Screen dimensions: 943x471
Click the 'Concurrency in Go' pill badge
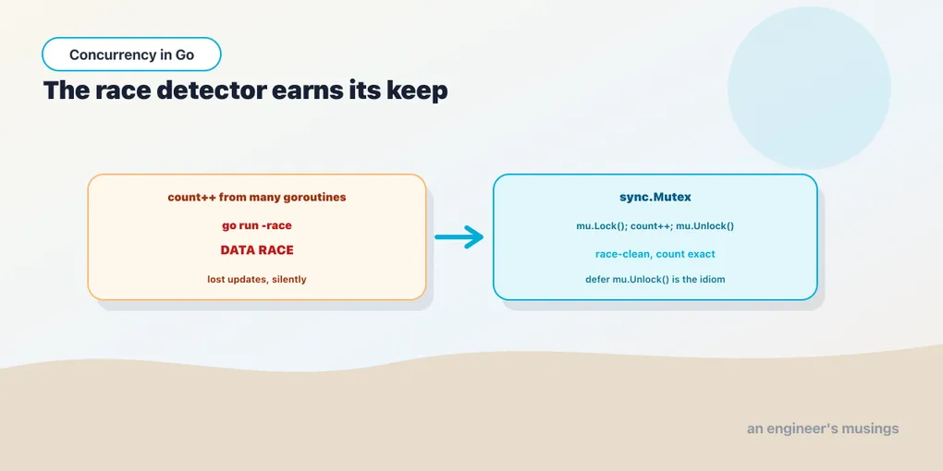tap(131, 54)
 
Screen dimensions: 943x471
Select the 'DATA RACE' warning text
tap(257, 250)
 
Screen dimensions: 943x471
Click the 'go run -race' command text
tap(257, 226)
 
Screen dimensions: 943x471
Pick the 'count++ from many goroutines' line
tap(257, 197)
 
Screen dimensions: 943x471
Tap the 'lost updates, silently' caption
tap(257, 279)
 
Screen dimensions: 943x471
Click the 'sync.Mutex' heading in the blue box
tap(655, 197)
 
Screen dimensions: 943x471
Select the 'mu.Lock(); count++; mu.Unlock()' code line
tap(655, 226)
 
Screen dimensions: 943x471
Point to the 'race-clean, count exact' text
tap(655, 254)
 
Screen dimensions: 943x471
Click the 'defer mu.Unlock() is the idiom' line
tap(655, 279)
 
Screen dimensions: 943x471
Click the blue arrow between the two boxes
tap(459, 236)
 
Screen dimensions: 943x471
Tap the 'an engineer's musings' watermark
tap(823, 429)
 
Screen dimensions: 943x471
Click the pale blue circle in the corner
tap(809, 89)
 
